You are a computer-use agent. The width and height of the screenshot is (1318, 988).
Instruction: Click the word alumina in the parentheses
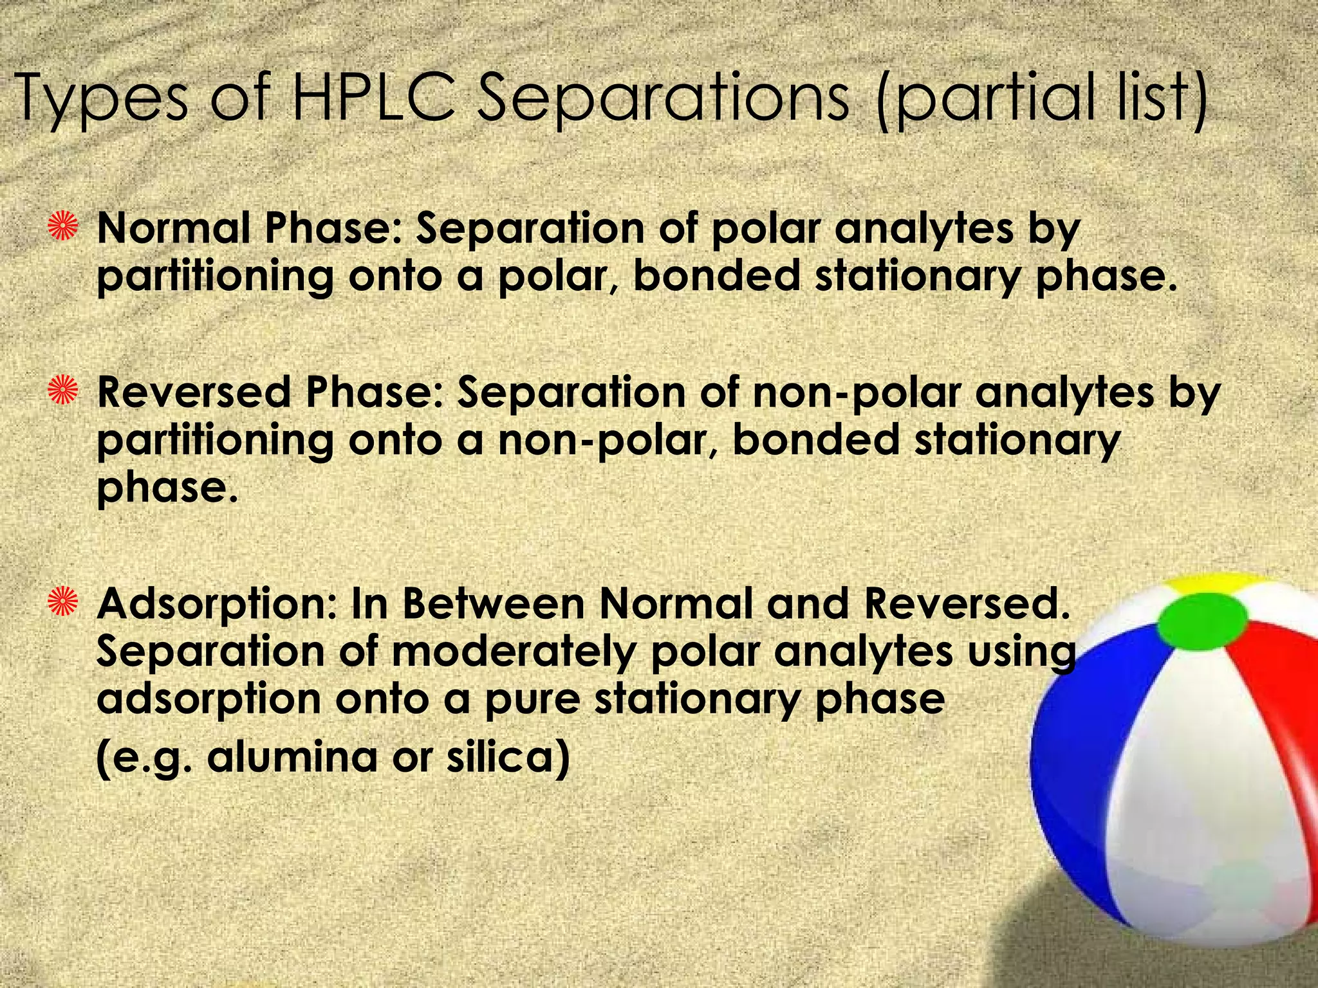tap(293, 756)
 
